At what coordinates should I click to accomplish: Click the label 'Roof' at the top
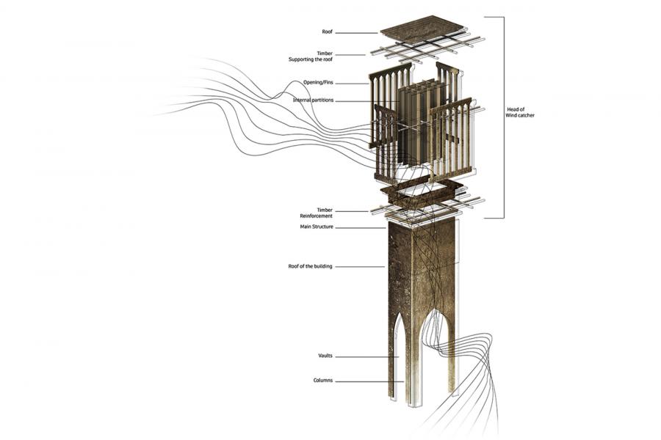tap(327, 32)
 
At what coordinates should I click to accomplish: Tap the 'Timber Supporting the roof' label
tap(311, 56)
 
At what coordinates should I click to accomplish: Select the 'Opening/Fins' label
tap(318, 83)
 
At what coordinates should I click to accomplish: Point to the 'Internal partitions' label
tap(313, 100)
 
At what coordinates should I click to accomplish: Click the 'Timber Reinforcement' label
tap(316, 213)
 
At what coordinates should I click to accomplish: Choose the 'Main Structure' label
tap(317, 227)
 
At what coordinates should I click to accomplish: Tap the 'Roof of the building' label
tap(310, 266)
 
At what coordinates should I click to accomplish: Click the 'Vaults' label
tap(325, 356)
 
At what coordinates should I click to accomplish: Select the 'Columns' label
tap(323, 380)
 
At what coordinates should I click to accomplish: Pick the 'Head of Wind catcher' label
tap(520, 112)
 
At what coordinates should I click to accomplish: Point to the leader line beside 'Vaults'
tap(367, 357)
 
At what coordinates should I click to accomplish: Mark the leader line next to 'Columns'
tap(369, 382)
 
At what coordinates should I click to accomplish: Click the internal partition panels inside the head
tap(421, 122)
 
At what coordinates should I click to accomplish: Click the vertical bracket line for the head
tap(503, 117)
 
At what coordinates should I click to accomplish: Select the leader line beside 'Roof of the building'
tap(360, 266)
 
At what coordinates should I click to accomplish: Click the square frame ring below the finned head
tap(422, 192)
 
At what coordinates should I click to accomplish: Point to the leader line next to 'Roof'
tap(357, 33)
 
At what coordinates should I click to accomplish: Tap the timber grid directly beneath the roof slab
tap(427, 48)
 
